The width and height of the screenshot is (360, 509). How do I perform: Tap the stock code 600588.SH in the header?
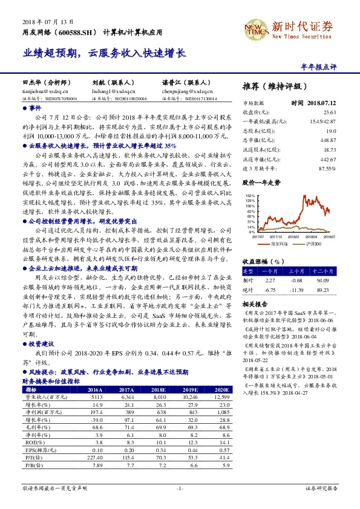pyautogui.click(x=78, y=32)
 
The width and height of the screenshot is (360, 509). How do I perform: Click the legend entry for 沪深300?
pyautogui.click(x=313, y=244)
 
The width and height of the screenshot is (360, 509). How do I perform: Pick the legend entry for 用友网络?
pyautogui.click(x=279, y=244)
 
